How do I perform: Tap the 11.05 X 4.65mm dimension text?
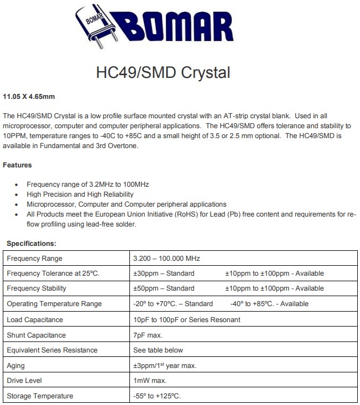tap(29, 97)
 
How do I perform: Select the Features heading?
tap(17, 165)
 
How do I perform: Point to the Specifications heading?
tap(31, 243)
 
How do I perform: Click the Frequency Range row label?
tap(34, 258)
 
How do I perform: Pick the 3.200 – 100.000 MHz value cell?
tap(166, 258)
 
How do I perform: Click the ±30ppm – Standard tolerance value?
tap(164, 273)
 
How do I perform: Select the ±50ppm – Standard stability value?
tap(164, 288)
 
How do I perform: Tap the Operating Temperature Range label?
tap(54, 304)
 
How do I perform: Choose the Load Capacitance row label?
tap(34, 319)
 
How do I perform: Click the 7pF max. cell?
tap(147, 335)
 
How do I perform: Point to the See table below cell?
tap(158, 350)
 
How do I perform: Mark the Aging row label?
tap(15, 365)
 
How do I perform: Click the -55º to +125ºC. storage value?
tap(157, 396)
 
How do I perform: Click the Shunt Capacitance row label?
tap(36, 335)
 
